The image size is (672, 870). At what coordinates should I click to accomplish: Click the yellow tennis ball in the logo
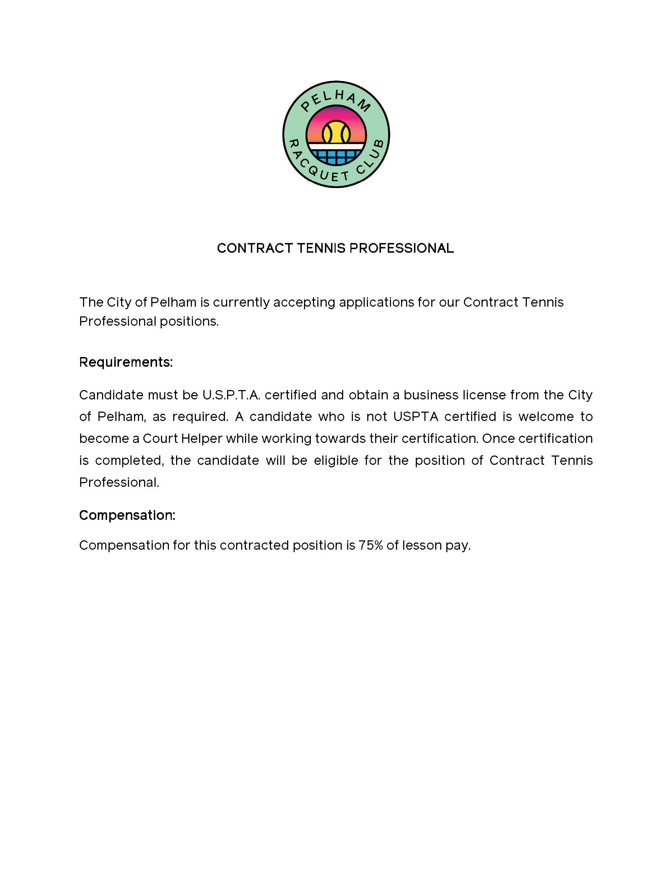click(336, 133)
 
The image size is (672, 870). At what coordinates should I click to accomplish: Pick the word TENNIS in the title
click(321, 248)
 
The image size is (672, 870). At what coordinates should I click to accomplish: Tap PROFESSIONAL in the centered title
click(401, 248)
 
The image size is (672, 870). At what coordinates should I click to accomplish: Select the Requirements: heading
click(126, 362)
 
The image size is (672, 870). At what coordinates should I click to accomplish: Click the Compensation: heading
click(127, 515)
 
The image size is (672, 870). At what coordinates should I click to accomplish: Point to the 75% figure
click(370, 545)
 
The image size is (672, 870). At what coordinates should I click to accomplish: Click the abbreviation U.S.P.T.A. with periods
click(231, 395)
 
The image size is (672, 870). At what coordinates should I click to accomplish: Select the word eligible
click(336, 460)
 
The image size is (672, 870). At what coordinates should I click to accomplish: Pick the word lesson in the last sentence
click(422, 545)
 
